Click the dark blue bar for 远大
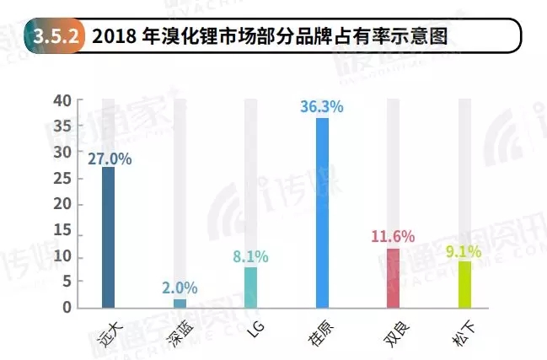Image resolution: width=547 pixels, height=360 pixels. click(108, 237)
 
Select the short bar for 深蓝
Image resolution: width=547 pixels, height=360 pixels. click(180, 303)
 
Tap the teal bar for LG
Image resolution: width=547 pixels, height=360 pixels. click(250, 287)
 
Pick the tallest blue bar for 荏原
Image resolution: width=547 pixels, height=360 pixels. click(322, 212)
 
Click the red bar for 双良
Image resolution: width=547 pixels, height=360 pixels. click(393, 277)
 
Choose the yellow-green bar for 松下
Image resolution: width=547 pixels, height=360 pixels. click(464, 284)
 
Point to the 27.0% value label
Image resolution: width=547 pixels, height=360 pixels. click(109, 157)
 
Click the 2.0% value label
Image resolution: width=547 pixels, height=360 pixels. click(180, 287)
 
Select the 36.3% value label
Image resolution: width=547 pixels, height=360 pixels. click(322, 107)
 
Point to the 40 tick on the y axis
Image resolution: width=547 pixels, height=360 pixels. click(62, 100)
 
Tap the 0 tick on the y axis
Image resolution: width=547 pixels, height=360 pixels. click(67, 309)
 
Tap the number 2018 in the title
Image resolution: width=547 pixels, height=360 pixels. click(114, 37)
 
